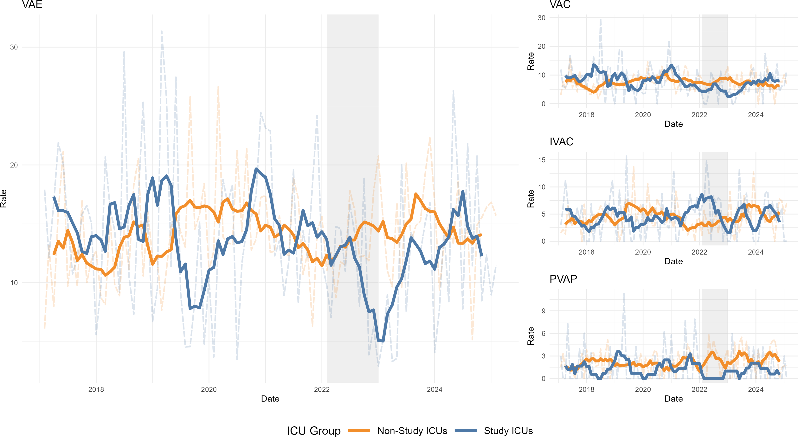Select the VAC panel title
point(560,5)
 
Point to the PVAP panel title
point(563,279)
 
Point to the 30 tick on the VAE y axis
point(14,47)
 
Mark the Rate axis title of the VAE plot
point(4,198)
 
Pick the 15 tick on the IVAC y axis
point(542,160)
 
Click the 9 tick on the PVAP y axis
point(543,311)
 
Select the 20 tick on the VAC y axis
point(542,46)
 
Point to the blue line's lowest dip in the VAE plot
point(381,341)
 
